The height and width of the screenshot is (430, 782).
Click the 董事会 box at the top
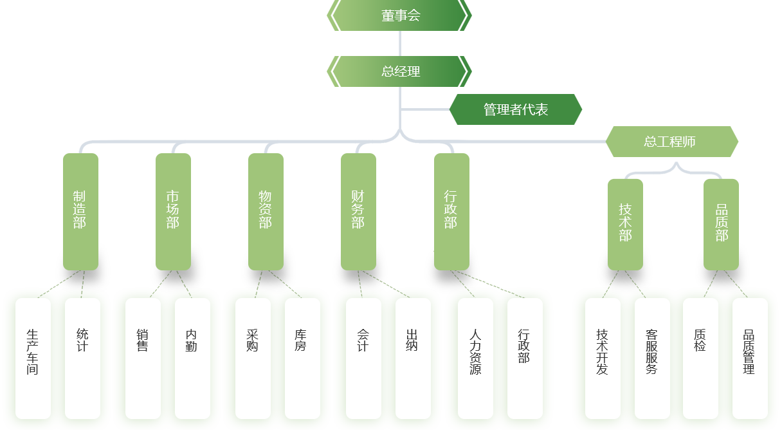[399, 15]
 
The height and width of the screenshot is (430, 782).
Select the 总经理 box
[399, 71]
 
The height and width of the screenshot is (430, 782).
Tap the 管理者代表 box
[515, 109]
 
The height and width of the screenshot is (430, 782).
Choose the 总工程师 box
[671, 141]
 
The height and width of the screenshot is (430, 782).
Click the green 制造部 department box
[80, 210]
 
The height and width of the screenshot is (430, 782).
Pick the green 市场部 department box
[173, 210]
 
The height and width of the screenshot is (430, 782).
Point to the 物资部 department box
[266, 210]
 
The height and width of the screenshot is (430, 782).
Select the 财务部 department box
[358, 210]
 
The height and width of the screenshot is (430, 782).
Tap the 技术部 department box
[625, 223]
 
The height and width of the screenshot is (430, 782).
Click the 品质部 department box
[721, 223]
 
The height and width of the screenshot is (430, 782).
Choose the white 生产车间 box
[33, 358]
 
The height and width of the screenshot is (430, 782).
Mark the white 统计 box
[82, 358]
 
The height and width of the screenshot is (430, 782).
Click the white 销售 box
[143, 358]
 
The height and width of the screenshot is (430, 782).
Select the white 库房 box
[302, 358]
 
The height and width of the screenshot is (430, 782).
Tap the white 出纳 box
[413, 358]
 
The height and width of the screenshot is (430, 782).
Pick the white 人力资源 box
[475, 358]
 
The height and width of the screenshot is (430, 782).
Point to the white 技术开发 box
[603, 358]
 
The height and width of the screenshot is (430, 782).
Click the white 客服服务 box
[652, 358]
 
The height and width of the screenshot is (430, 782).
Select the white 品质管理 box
[750, 358]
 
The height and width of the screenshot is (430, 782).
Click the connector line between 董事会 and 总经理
[399, 43]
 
